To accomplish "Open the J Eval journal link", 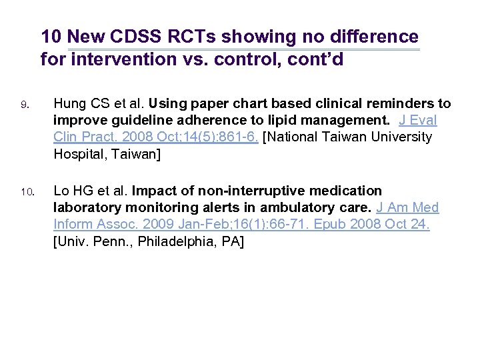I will [418, 121].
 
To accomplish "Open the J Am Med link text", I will [407, 208].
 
